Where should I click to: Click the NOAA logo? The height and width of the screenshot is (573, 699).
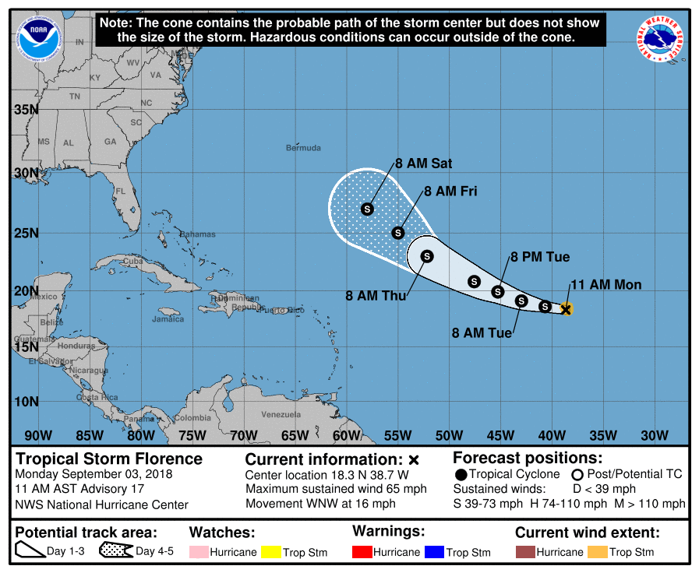click(x=34, y=33)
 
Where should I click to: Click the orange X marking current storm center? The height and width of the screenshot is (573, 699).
click(x=567, y=309)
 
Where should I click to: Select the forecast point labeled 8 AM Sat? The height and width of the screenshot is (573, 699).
click(x=367, y=209)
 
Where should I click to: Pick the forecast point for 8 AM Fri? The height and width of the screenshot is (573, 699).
click(x=398, y=233)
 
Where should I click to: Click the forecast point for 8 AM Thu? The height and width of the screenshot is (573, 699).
click(x=427, y=256)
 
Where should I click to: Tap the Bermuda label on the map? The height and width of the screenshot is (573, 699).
click(x=303, y=148)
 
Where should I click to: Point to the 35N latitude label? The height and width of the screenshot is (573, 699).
click(x=26, y=109)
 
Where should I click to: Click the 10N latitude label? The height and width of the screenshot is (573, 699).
click(x=26, y=401)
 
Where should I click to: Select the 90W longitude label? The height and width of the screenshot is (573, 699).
click(x=38, y=434)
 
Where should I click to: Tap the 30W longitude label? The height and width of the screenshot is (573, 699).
click(x=654, y=434)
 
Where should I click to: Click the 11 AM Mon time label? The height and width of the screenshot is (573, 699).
click(x=606, y=285)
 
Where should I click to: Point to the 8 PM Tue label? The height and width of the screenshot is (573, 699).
click(x=540, y=257)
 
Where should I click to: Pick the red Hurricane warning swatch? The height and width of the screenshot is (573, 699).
click(x=362, y=552)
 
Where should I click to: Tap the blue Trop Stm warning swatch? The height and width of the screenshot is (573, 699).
click(x=434, y=552)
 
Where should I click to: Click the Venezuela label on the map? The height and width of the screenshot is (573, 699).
click(x=281, y=414)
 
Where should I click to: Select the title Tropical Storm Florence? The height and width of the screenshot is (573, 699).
click(x=109, y=459)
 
